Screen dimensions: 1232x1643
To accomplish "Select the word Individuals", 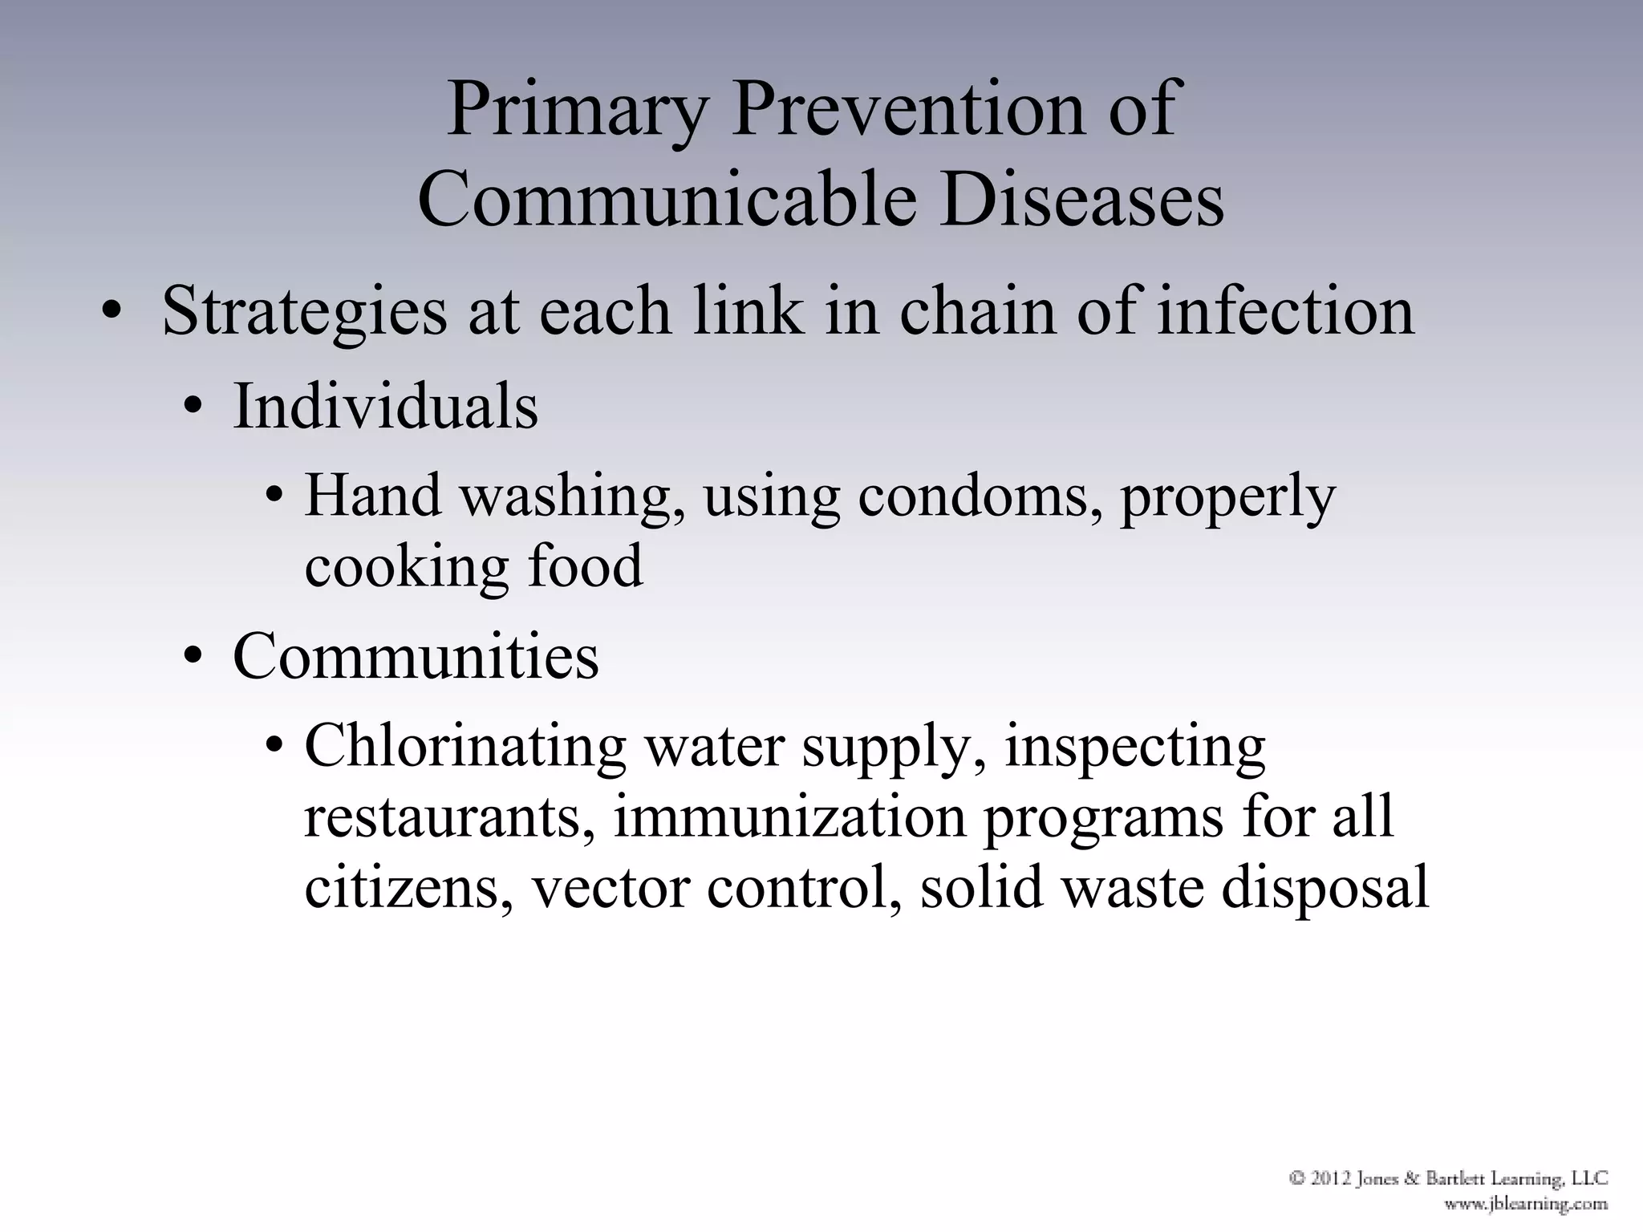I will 385,407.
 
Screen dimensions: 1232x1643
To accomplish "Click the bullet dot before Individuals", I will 193,410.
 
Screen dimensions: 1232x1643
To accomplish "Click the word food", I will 585,565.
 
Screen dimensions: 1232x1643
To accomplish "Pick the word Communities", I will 416,657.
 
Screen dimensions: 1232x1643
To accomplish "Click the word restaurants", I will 450,818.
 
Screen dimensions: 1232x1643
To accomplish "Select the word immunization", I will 790,817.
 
